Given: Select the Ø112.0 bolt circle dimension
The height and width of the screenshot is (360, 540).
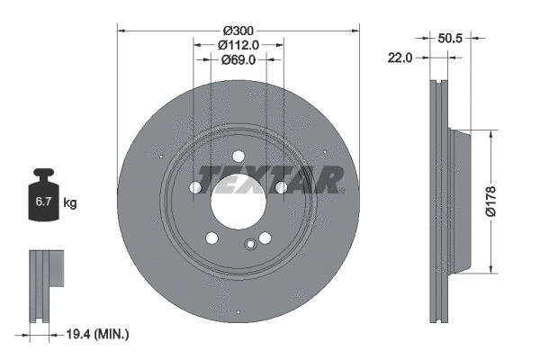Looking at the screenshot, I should point(238,45).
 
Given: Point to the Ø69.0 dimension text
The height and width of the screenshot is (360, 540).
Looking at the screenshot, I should point(238,60).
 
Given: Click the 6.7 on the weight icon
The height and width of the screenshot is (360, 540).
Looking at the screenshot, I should point(41,203).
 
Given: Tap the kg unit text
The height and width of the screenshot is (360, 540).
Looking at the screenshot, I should point(69,203).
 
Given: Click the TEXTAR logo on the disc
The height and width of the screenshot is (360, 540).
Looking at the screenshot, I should point(270,179).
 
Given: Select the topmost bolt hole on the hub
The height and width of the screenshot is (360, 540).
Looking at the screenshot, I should point(238,154).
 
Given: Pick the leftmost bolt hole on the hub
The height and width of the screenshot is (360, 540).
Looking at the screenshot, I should point(195,187).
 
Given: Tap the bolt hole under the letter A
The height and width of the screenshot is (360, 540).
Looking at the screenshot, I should point(282,187).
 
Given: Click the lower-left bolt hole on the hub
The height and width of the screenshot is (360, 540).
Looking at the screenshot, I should point(212,238).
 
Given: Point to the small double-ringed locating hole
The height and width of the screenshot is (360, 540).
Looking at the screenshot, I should point(251,243).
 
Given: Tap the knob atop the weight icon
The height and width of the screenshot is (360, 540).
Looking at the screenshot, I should point(41,172).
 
